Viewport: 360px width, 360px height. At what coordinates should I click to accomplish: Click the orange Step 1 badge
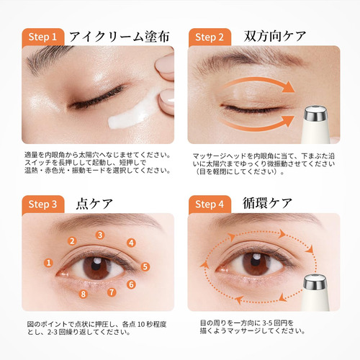coord(43,37)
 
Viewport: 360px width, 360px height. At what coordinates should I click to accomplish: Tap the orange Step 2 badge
coord(210,37)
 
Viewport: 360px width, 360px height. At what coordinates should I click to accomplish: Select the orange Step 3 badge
coord(43,204)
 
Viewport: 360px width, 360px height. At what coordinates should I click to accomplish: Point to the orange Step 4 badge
coord(210,204)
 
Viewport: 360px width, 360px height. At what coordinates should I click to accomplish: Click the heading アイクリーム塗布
coord(120,37)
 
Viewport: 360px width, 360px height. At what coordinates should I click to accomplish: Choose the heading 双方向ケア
coord(275,37)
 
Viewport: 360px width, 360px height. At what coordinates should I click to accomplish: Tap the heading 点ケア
coord(94,204)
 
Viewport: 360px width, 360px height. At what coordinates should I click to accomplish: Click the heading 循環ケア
coord(268,203)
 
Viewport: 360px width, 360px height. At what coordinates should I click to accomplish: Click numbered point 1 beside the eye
coord(49,263)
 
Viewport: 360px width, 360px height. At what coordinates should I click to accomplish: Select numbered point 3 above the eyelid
coord(100,235)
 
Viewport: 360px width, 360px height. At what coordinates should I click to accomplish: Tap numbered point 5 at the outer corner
coord(145,266)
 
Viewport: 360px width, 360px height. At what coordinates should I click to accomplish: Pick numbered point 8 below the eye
coord(84,294)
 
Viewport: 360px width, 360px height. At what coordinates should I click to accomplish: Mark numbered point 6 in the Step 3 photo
coord(131,284)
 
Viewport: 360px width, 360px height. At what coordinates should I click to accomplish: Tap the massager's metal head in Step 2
coord(315,114)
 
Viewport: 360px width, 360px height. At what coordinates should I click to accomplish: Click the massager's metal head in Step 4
coord(315,282)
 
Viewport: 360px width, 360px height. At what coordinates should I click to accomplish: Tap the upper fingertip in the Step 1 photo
coord(166,66)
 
